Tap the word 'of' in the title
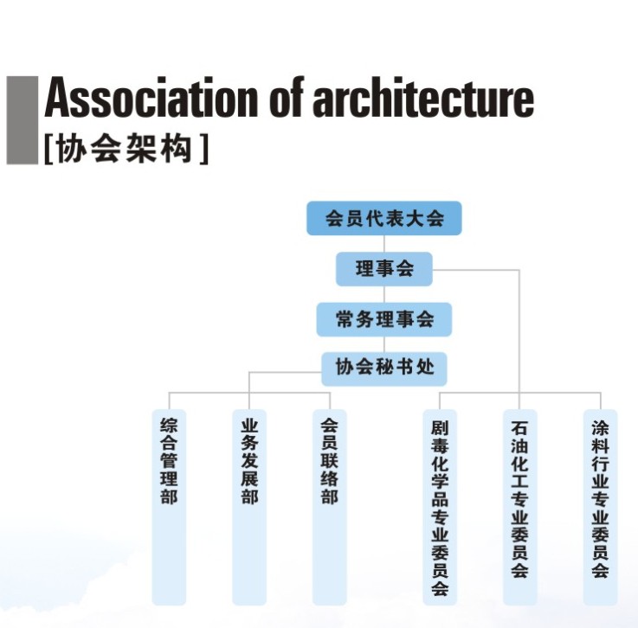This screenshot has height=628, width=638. [x=287, y=100]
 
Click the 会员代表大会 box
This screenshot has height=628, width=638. [x=384, y=218]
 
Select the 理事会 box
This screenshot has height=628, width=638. [x=384, y=268]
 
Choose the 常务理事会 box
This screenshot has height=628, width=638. [x=384, y=319]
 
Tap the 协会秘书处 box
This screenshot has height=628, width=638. [x=384, y=368]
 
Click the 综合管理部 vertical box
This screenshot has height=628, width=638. [x=169, y=506]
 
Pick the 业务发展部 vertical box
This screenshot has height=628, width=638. [x=249, y=506]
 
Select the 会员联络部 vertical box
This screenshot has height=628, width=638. [x=329, y=506]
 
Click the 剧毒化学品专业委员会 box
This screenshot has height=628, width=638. [x=440, y=506]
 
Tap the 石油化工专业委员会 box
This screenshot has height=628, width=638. [x=519, y=506]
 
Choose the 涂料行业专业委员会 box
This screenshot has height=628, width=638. [x=600, y=506]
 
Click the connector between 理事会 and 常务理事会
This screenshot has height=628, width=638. [x=384, y=294]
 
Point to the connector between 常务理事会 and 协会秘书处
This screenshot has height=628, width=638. [x=384, y=344]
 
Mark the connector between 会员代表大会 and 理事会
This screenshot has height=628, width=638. [x=384, y=243]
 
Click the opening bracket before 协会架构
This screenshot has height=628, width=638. [x=48, y=149]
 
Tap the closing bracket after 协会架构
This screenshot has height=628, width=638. [x=203, y=149]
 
